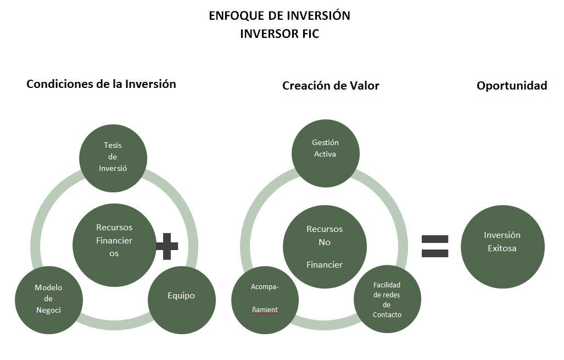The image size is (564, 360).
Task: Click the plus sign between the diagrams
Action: coord(167,246)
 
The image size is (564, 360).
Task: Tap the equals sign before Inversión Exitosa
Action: coord(435,246)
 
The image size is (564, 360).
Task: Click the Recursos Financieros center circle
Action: coord(114,245)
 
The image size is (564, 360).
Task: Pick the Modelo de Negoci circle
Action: coord(49,300)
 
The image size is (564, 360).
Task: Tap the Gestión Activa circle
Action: coord(325,153)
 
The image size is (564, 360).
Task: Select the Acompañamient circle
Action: coord(265,299)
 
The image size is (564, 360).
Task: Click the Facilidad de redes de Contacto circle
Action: coord(387,300)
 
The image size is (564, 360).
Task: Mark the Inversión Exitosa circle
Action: coord(502,246)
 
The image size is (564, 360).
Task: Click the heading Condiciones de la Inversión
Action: coord(101,84)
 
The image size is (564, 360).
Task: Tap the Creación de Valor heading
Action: coord(331,86)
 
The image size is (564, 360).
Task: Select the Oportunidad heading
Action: coord(512,86)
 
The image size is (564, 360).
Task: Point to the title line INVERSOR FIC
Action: coord(280,34)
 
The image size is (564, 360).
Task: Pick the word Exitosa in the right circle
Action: coord(502,248)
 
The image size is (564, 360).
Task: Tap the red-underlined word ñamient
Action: coord(265,310)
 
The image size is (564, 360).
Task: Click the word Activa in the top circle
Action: coord(325,154)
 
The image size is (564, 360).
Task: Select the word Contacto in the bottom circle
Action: coord(387,315)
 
